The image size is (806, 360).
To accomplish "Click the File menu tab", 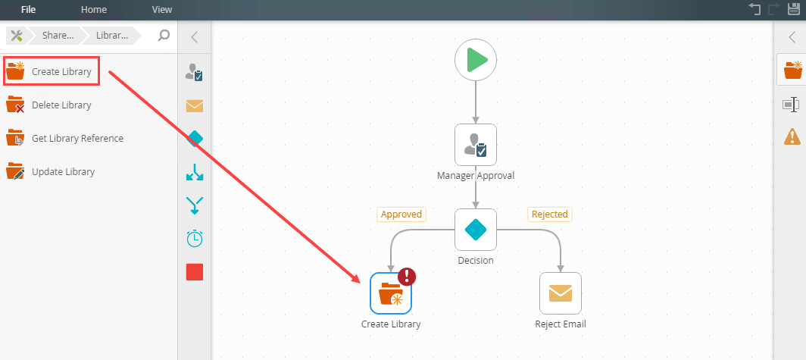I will [28, 10].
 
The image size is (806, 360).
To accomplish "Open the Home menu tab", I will [94, 10].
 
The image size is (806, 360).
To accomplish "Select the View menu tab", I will [161, 10].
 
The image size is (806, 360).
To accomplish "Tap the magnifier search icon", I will [164, 35].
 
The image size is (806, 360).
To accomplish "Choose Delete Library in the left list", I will [61, 105].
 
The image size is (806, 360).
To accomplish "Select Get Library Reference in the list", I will [77, 139].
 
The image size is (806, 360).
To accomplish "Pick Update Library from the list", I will [63, 172].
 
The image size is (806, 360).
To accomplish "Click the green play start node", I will [476, 59].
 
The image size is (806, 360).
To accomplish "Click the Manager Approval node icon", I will [476, 144].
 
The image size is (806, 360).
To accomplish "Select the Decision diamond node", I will [476, 229].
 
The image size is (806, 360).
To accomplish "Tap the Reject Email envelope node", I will [561, 293].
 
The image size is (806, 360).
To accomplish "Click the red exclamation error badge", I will [408, 277].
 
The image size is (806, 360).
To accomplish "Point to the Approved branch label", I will [401, 214].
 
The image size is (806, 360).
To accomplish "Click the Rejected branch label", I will [549, 214].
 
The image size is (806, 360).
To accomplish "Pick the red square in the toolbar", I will [195, 272].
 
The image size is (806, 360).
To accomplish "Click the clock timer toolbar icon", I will [195, 238].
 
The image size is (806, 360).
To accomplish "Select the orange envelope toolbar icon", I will [195, 106].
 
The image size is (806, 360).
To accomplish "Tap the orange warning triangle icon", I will [792, 137].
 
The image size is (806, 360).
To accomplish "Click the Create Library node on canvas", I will [391, 293].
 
